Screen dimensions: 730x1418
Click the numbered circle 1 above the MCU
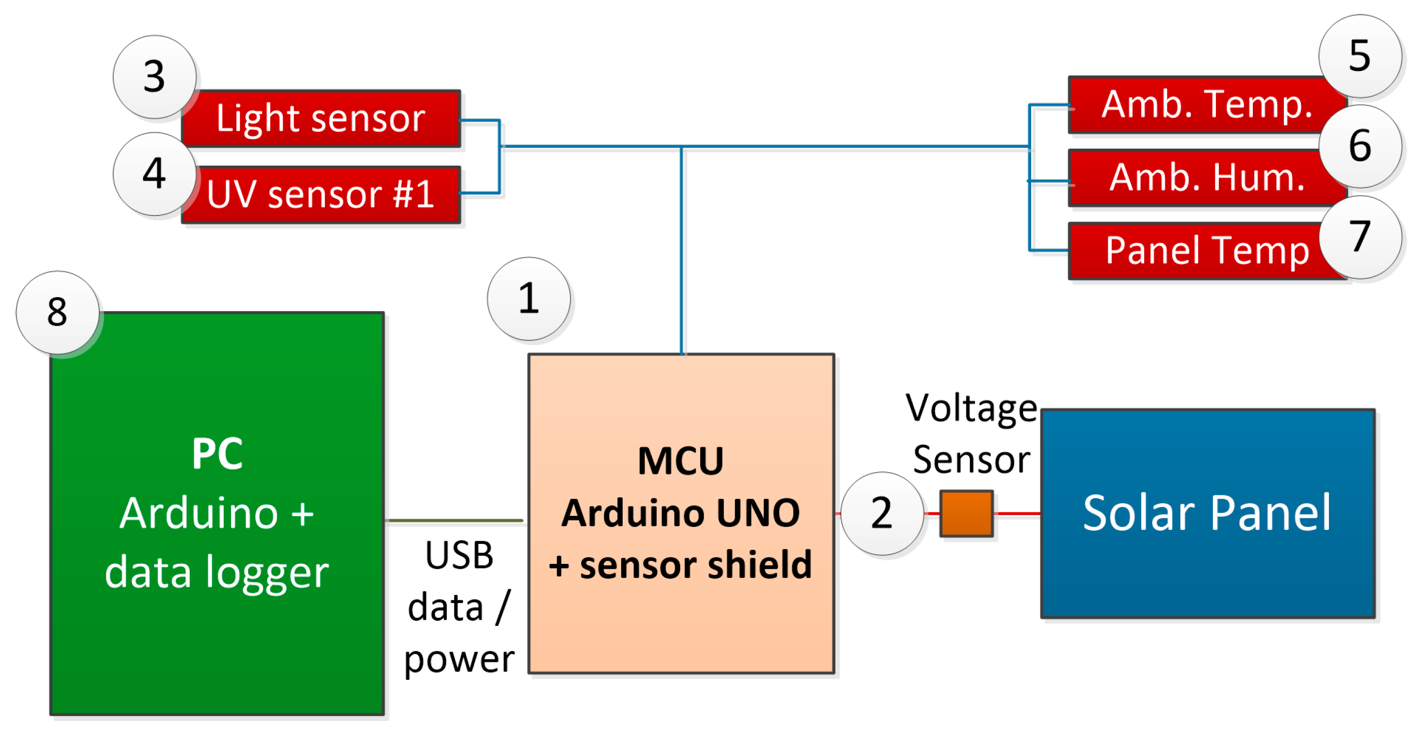pyautogui.click(x=529, y=299)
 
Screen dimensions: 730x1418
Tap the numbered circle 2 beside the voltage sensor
pyautogui.click(x=882, y=513)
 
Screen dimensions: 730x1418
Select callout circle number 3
pyautogui.click(x=154, y=77)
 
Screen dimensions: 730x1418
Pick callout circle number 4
pyautogui.click(x=154, y=174)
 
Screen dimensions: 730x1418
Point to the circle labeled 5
pyautogui.click(x=1359, y=56)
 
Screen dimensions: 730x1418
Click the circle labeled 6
pyautogui.click(x=1359, y=146)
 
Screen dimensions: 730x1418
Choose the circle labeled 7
pyautogui.click(x=1359, y=237)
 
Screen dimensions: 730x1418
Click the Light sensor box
pyautogui.click(x=321, y=118)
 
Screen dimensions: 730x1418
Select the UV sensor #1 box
pyautogui.click(x=321, y=195)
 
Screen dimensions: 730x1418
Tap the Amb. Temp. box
pyautogui.click(x=1200, y=105)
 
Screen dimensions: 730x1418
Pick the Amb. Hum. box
pyautogui.click(x=1200, y=178)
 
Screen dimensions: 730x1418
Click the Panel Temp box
pyautogui.click(x=1200, y=251)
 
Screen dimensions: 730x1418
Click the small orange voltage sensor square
pyautogui.click(x=966, y=513)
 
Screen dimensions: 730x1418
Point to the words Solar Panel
pyautogui.click(x=1207, y=513)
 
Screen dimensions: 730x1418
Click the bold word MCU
pyautogui.click(x=680, y=461)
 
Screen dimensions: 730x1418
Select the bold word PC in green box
pyautogui.click(x=217, y=454)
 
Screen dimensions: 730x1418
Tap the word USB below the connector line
pyautogui.click(x=459, y=555)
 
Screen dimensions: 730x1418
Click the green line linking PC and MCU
pyautogui.click(x=454, y=520)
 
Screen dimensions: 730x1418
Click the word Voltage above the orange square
pyautogui.click(x=972, y=409)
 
